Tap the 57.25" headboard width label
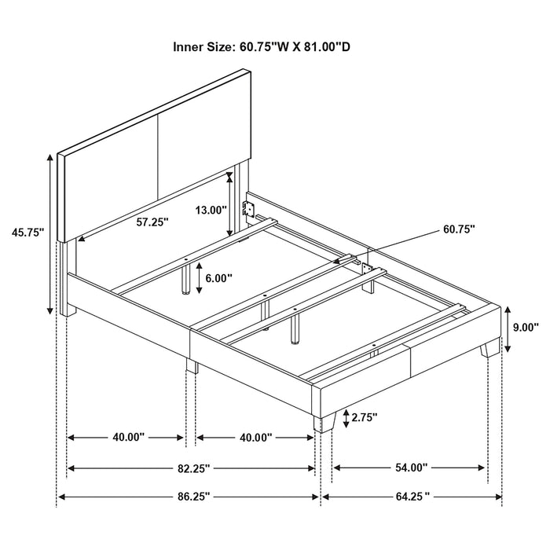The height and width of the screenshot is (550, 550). coord(152,222)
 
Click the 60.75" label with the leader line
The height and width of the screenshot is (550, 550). coord(459,229)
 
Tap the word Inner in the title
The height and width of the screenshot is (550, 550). coord(190,47)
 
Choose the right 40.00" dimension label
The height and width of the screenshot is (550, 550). coord(256,437)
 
